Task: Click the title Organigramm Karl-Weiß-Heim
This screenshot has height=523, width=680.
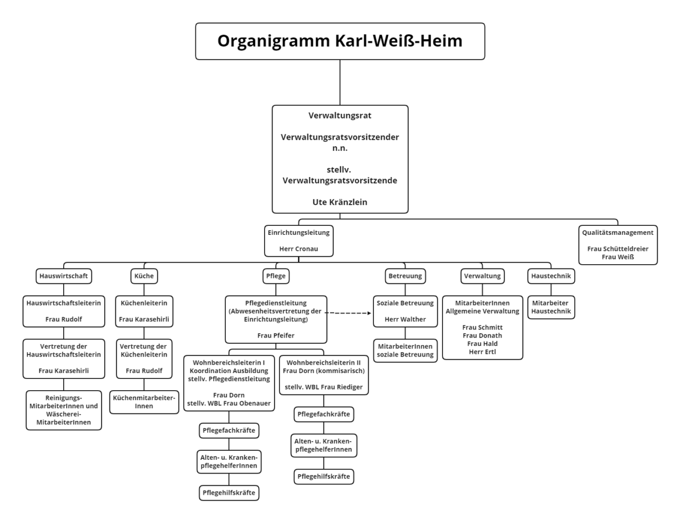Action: [x=340, y=41]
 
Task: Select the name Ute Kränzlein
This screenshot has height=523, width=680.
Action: [x=340, y=202]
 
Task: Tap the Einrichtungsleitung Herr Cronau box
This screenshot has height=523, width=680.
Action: [x=299, y=241]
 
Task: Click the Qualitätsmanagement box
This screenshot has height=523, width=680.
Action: [x=618, y=244]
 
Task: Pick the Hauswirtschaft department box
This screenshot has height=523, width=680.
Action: [x=64, y=276]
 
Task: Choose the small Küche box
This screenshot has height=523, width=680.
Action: [x=144, y=276]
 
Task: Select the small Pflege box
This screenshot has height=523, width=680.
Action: [x=276, y=276]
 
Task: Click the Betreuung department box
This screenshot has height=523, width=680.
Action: [x=405, y=276]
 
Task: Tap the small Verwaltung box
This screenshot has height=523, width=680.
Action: [x=482, y=276]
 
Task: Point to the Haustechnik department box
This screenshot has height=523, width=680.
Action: [x=551, y=276]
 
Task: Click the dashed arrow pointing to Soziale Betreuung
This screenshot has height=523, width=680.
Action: [x=348, y=313]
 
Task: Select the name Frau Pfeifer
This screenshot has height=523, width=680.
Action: [x=276, y=335]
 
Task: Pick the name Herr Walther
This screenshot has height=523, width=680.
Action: [x=405, y=319]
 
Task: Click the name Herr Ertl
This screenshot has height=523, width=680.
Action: [x=482, y=352]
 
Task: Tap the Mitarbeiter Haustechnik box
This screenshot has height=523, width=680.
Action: [x=551, y=307]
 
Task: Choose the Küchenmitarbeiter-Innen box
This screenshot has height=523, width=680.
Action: [x=144, y=402]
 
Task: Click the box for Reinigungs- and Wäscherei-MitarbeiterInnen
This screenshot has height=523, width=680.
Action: [x=64, y=410]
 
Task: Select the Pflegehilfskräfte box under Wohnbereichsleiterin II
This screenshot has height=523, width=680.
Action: [x=324, y=476]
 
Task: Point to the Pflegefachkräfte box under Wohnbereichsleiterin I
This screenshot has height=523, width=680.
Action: [x=229, y=431]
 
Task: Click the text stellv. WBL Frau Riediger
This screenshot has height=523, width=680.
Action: [x=324, y=387]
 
